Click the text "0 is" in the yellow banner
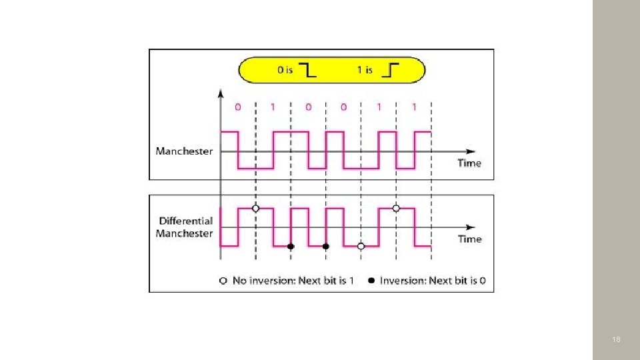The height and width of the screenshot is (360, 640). tap(285, 70)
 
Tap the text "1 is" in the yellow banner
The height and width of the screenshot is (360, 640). tap(364, 70)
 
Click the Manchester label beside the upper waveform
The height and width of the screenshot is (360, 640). tap(184, 151)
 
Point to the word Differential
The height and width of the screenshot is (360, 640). tap(186, 221)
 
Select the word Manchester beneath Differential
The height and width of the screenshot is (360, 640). tap(184, 233)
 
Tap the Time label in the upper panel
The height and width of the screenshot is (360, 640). tap(469, 163)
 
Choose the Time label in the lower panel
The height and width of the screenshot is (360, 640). tap(469, 239)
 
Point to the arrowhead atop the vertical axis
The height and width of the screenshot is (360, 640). tap(221, 94)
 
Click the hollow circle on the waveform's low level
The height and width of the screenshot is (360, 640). tap(361, 246)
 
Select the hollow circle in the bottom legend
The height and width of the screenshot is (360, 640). tap(223, 281)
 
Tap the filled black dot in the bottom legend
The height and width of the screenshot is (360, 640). tap(371, 281)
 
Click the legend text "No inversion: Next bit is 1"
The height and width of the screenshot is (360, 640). tap(289, 281)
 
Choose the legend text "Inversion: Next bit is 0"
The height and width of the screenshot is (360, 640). tap(432, 281)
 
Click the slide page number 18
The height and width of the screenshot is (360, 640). tap(616, 340)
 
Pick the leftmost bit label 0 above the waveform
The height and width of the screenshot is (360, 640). tap(238, 107)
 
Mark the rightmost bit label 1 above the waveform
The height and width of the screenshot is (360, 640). tap(414, 107)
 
